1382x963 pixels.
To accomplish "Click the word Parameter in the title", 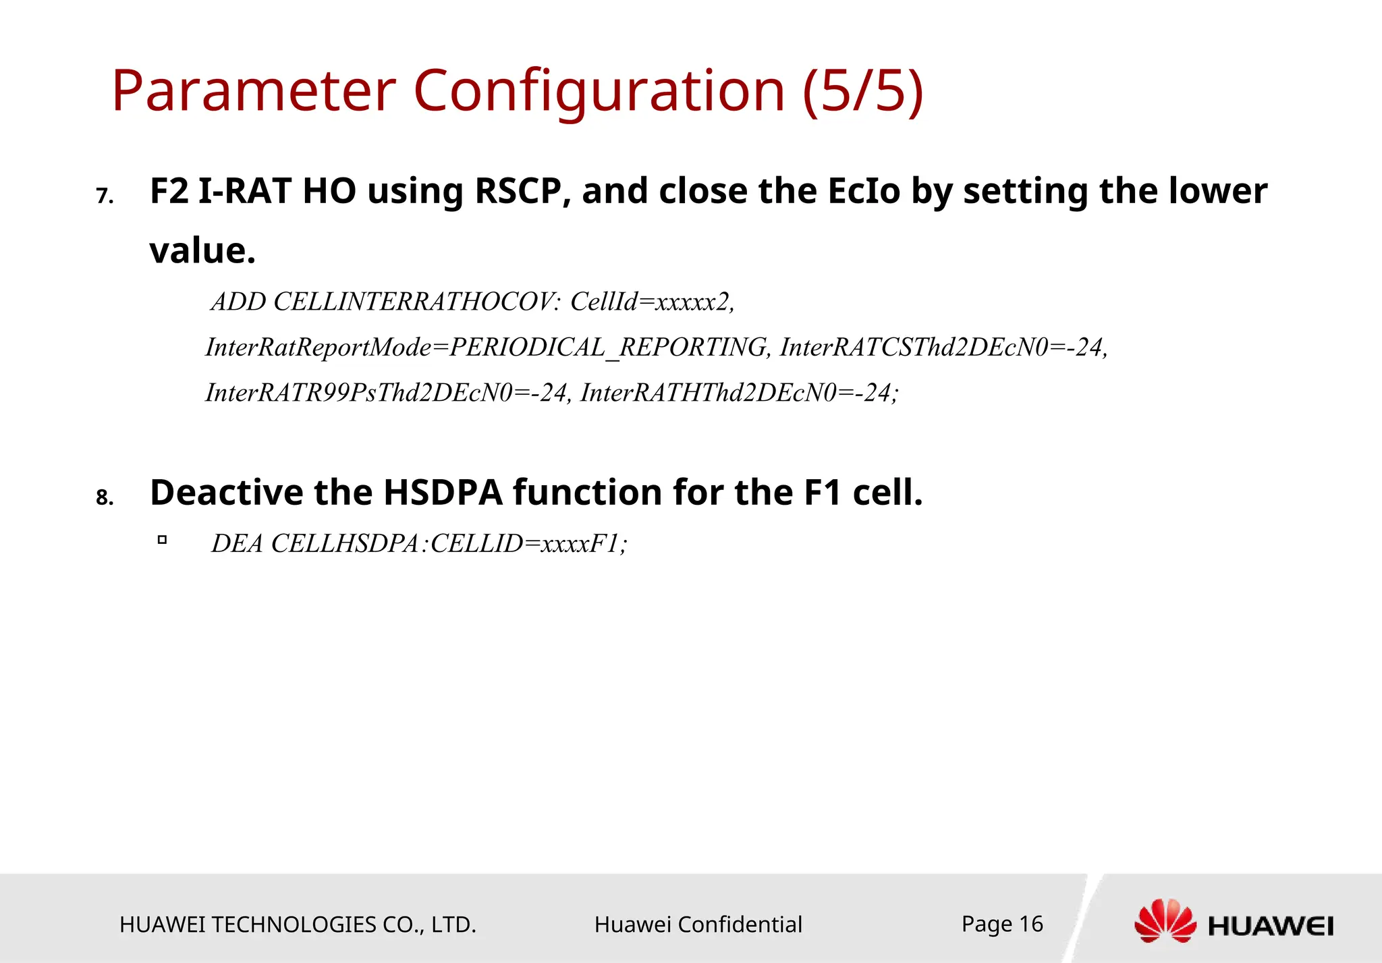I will (x=253, y=91).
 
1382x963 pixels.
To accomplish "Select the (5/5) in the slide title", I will (x=862, y=91).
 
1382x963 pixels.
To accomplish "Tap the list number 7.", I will (x=104, y=196).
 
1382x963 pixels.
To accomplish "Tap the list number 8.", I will (x=104, y=498).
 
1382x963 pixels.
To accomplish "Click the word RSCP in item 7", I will (x=518, y=191).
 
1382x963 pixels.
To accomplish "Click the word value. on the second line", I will (x=202, y=251).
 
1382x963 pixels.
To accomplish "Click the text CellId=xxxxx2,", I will (x=652, y=302).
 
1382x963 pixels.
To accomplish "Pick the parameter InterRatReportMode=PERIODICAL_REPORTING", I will (x=486, y=348).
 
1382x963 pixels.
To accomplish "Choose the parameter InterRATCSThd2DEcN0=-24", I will (x=943, y=348).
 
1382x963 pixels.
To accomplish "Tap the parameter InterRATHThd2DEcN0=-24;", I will (x=739, y=393).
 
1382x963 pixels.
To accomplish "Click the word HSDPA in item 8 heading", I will (x=443, y=493).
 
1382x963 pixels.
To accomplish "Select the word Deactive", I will (x=226, y=493).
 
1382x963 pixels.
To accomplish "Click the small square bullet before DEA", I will (x=162, y=540).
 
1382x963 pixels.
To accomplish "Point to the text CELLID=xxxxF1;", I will (x=528, y=544).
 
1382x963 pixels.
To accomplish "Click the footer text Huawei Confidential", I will (x=698, y=925).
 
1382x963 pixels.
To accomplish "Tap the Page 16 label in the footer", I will (x=1001, y=924).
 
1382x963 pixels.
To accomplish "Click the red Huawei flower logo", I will (x=1165, y=921).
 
